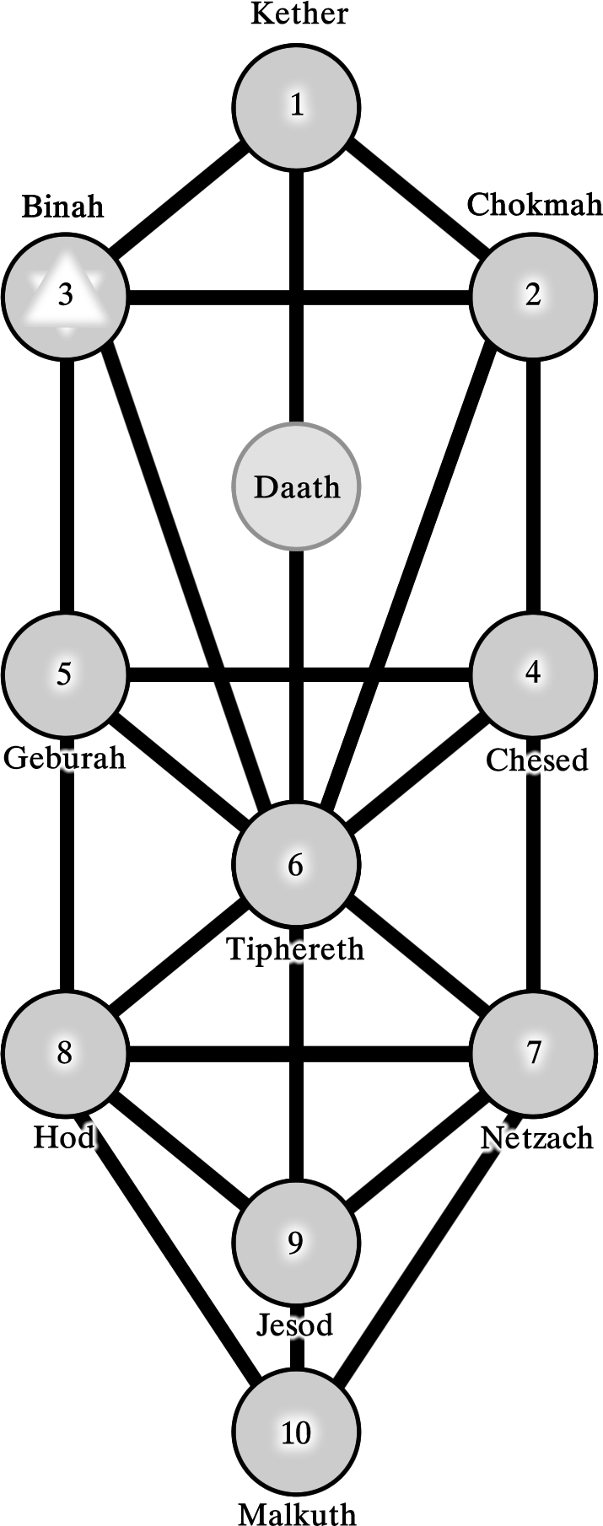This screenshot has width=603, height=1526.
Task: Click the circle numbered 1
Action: tap(297, 106)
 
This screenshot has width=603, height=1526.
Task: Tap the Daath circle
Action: tap(297, 486)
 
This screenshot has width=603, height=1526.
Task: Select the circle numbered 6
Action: tap(296, 865)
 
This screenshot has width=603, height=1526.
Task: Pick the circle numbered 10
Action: tap(296, 1432)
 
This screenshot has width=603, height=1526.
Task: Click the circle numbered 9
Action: tap(295, 1243)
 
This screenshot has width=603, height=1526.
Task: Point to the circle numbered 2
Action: tap(533, 295)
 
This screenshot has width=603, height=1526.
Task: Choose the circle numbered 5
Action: tap(64, 674)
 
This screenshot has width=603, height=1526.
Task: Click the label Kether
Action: tap(299, 14)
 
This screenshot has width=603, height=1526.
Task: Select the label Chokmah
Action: tap(535, 205)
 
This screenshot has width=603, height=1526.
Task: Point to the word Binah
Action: tap(62, 207)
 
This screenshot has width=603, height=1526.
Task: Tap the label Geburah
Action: tap(64, 757)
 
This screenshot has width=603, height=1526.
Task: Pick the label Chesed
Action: tap(536, 760)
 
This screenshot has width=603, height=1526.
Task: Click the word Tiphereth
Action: tap(296, 949)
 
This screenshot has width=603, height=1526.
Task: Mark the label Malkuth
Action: tap(297, 1513)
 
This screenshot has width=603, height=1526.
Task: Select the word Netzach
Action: tap(536, 1138)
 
